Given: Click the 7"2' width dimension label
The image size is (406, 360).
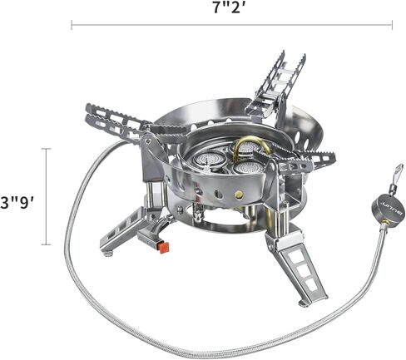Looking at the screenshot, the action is click(x=229, y=7).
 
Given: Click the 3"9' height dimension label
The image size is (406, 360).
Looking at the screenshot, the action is click(x=17, y=202).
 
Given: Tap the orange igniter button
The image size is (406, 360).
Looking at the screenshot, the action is click(x=164, y=248).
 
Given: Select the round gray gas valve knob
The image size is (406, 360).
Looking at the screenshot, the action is click(x=388, y=209).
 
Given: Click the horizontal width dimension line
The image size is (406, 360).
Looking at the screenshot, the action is click(x=231, y=25).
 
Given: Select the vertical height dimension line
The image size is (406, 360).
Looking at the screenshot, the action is click(x=46, y=196).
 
